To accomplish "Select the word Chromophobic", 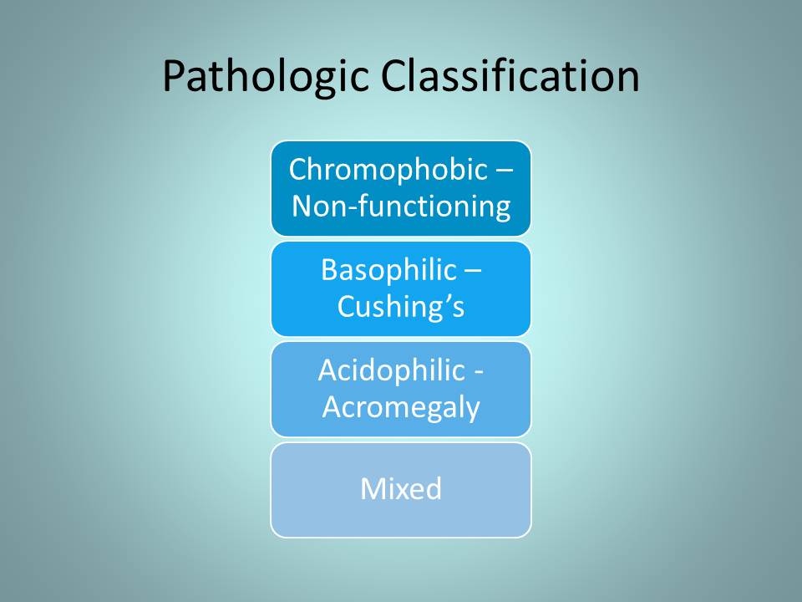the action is tap(388, 170).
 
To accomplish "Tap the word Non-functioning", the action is tap(401, 207).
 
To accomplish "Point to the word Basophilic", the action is tap(388, 270).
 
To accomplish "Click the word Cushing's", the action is tap(401, 307).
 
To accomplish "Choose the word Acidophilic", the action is tap(391, 370).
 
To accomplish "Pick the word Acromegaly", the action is tap(402, 408).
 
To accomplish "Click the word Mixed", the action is tap(401, 489).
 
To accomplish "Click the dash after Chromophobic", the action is tap(504, 173).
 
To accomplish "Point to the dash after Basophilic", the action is tap(473, 273).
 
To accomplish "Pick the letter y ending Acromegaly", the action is tap(473, 411).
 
